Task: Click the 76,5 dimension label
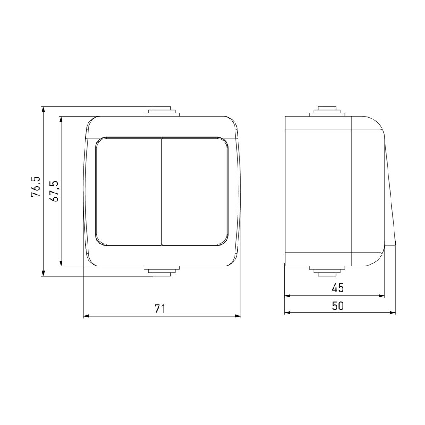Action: pos(36,187)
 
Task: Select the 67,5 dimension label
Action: pos(54,191)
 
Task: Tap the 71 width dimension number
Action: pos(160,309)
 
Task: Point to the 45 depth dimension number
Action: pos(338,288)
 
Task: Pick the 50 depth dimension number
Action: pos(338,306)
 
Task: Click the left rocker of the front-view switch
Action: pos(129,191)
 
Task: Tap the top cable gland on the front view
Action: pos(162,112)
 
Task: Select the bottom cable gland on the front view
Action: pos(162,271)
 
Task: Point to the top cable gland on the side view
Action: pos(327,112)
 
